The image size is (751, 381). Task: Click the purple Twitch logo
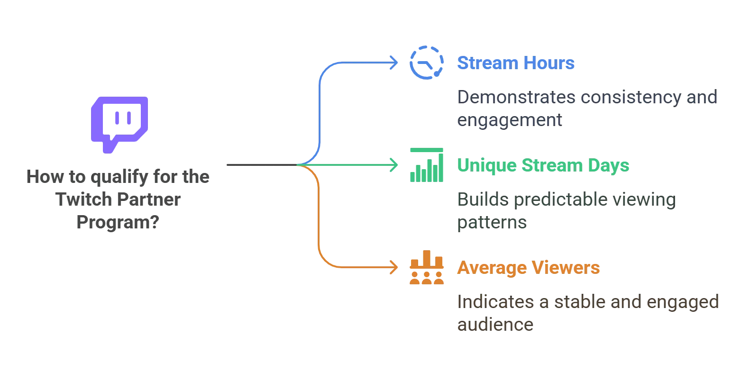[x=119, y=122]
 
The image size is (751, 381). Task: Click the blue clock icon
[x=426, y=63]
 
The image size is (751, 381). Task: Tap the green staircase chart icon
[x=426, y=165]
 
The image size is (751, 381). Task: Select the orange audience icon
[x=426, y=267]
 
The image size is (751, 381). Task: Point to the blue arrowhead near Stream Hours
[x=394, y=63]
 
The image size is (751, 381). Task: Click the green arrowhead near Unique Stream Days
[x=394, y=165]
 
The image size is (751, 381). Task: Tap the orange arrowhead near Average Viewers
[x=394, y=267]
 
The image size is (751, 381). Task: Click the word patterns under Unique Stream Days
[x=490, y=223]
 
